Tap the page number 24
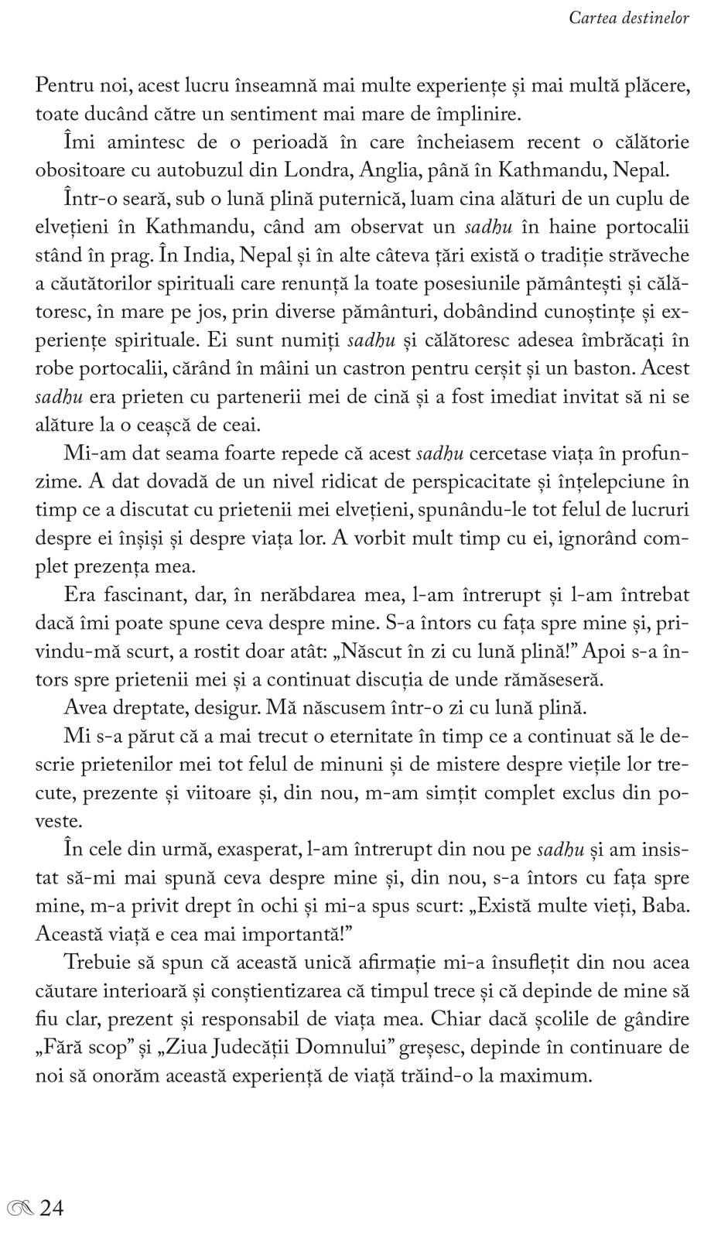point(51,1207)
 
